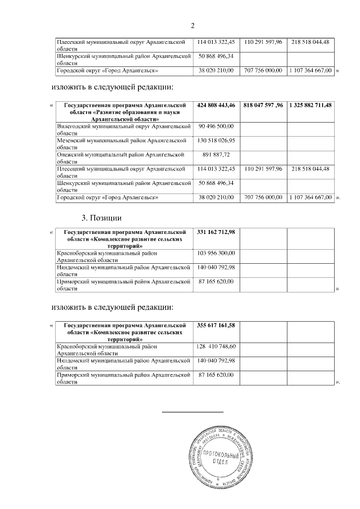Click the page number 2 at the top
pyautogui.click(x=192, y=25)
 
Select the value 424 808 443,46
pyautogui.click(x=217, y=105)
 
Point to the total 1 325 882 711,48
pyautogui.click(x=311, y=105)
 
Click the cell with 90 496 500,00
pyautogui.click(x=217, y=127)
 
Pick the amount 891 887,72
pyautogui.click(x=217, y=155)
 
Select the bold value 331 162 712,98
pyautogui.click(x=217, y=232)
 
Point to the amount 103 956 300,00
pyautogui.click(x=217, y=253)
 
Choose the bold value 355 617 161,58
pyautogui.click(x=217, y=325)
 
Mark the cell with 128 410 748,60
pyautogui.click(x=217, y=346)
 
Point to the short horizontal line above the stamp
pyautogui.click(x=192, y=413)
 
